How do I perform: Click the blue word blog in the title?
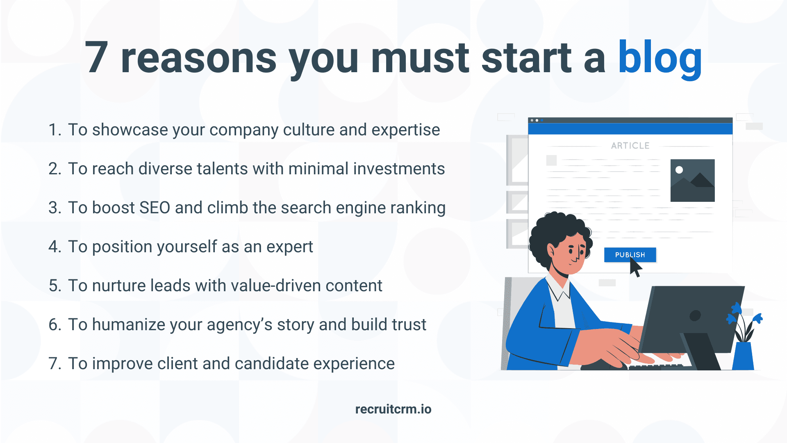pyautogui.click(x=660, y=59)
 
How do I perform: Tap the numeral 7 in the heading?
pyautogui.click(x=97, y=58)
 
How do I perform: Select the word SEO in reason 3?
pyautogui.click(x=155, y=208)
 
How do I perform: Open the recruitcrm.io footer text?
pyautogui.click(x=393, y=409)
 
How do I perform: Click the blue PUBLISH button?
pyautogui.click(x=630, y=255)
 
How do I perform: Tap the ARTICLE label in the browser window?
pyautogui.click(x=630, y=146)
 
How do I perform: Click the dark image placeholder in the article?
pyautogui.click(x=692, y=180)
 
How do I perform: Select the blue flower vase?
pyautogui.click(x=743, y=356)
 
